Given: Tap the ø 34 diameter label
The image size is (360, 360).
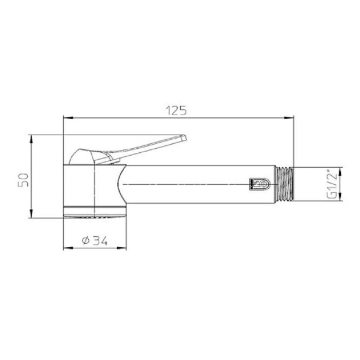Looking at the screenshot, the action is coord(95,241).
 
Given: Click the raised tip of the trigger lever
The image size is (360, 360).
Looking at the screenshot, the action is coord(184,138).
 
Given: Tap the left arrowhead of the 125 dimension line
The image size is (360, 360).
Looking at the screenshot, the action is coord(68,118).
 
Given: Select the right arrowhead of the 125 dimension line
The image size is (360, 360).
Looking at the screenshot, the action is coord(289,118).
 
